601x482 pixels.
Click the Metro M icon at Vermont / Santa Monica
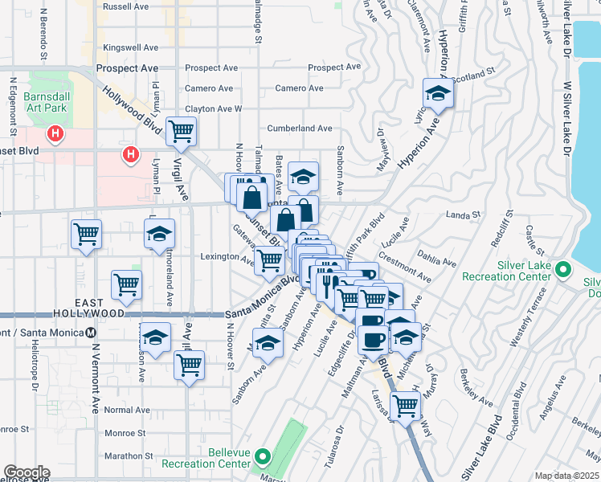92,332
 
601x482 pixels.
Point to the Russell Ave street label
126,6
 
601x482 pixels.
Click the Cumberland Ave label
300,128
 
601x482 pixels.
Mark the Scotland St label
473,74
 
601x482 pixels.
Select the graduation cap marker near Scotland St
438,92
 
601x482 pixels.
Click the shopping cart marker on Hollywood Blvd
182,130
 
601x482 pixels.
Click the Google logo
26,472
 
